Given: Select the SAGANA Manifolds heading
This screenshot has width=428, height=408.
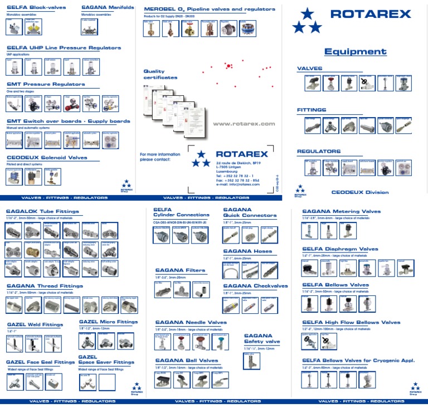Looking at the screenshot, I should pos(108,8).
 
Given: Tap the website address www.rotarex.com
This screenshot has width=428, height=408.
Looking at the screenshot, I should pos(244,124).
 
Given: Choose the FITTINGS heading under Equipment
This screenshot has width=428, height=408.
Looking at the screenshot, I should pos(312,110).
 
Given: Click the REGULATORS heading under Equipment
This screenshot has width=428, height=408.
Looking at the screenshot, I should pos(318,151).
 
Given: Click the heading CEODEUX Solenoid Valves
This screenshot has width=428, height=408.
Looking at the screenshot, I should pos(47,158).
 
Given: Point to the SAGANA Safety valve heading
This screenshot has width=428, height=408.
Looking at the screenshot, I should pos(258,338).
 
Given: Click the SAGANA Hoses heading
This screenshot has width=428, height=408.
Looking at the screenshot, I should pos(247,251).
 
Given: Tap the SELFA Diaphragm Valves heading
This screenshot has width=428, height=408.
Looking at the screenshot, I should pos(340,249).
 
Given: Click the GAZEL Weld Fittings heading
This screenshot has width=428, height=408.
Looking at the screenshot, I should pos(35,324).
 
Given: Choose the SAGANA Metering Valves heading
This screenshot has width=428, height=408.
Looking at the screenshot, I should pos(341,211).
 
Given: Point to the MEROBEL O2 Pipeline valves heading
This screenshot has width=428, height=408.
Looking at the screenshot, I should pos(209,9).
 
